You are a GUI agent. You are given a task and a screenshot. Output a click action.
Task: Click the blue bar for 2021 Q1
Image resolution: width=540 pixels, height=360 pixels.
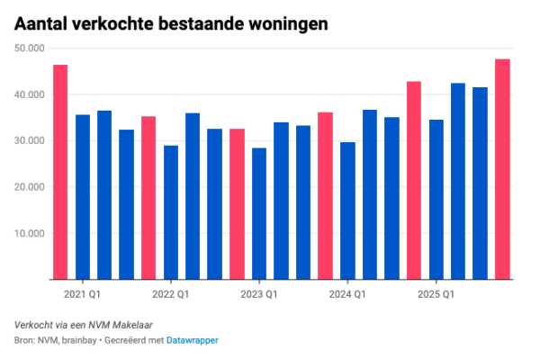tap(83, 197)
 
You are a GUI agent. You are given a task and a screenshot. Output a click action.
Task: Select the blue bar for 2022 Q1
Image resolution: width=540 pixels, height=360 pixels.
tap(171, 212)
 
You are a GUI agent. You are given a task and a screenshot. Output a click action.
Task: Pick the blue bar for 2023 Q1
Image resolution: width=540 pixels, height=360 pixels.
tap(259, 214)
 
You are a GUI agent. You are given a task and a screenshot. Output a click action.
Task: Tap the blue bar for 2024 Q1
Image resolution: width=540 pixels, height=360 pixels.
tap(347, 211)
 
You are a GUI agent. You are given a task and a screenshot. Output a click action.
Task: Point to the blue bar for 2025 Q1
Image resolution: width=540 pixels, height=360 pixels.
tap(436, 200)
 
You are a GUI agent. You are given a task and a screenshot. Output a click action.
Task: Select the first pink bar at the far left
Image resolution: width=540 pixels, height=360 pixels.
tap(60, 172)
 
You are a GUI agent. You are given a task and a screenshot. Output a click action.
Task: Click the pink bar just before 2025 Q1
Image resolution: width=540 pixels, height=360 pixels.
tap(414, 181)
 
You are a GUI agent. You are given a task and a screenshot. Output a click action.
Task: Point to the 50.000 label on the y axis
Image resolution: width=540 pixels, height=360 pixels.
tap(30, 49)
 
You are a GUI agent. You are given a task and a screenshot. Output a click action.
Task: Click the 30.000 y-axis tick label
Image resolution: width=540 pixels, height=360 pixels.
tap(30, 141)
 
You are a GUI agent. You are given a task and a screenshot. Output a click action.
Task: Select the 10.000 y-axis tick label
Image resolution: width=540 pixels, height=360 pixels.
tap(30, 234)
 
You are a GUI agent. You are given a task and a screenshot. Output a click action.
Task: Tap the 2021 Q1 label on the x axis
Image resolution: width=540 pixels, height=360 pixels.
tap(82, 294)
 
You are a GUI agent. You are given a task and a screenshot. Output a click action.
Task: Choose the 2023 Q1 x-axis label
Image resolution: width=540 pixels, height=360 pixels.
tap(258, 294)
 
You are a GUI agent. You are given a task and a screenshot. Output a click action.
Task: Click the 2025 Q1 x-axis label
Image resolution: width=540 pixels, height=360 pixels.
tap(436, 294)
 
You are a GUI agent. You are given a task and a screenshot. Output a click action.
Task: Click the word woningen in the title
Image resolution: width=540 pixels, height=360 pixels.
tap(289, 22)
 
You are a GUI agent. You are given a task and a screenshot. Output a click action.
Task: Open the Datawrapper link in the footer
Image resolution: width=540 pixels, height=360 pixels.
tap(192, 340)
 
